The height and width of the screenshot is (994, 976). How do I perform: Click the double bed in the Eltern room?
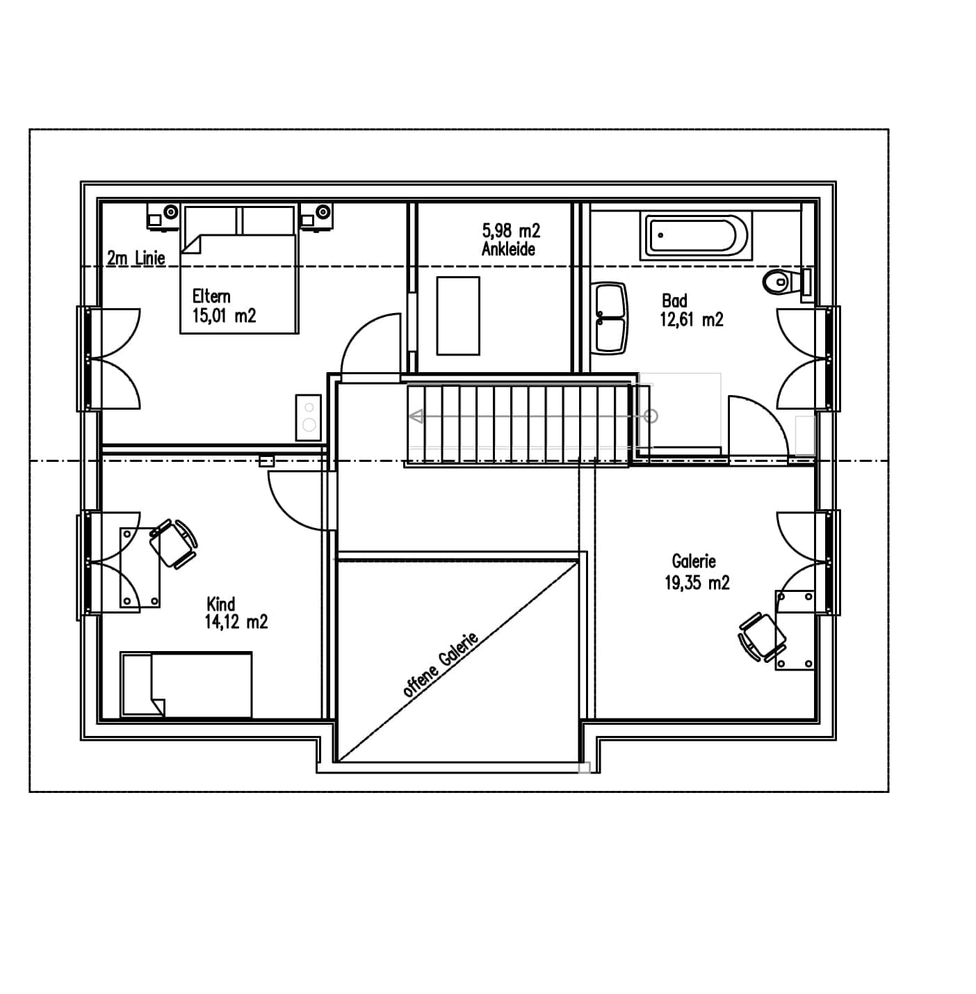[x=238, y=270]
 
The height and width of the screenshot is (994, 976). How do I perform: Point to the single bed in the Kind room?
[x=186, y=684]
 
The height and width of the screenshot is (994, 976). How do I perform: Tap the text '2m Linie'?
[x=136, y=258]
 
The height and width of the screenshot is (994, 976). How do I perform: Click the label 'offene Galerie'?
[x=441, y=664]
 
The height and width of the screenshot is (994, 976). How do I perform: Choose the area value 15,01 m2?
[x=224, y=316]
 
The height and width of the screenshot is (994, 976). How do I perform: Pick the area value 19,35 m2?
[x=697, y=583]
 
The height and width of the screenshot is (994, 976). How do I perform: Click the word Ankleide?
[x=508, y=249]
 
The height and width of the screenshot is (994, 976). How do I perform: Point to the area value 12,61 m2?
[x=691, y=319]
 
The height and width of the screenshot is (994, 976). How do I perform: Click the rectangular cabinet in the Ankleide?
[x=458, y=316]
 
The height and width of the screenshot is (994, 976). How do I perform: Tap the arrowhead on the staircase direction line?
[x=415, y=417]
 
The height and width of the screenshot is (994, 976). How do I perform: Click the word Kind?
[x=220, y=604]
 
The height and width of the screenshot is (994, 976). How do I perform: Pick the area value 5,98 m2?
[x=511, y=230]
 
